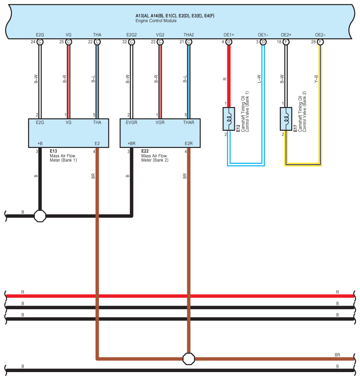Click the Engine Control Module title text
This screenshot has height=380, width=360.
point(156,21)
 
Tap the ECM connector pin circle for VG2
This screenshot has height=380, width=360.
point(160,42)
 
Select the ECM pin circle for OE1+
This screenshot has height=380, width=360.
point(229,42)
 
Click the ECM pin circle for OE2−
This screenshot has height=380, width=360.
point(320,42)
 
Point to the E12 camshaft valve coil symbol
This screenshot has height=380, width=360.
point(229,119)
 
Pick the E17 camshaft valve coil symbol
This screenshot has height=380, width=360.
point(286,119)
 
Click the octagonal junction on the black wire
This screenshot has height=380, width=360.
point(40,216)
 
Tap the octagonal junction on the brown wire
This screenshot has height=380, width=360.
point(189,359)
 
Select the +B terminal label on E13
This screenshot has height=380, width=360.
point(40,144)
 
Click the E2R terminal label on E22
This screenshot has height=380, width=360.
point(189,144)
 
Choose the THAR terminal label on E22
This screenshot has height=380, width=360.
point(189,122)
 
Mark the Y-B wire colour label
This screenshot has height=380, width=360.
point(316,79)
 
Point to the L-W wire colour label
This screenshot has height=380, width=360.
point(259,79)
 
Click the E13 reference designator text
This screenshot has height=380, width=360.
point(53,151)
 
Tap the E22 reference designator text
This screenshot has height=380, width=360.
point(145,151)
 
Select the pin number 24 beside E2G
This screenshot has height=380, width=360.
point(33,42)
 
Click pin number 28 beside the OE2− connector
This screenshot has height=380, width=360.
point(313,42)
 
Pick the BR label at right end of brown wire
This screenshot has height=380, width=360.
point(338,355)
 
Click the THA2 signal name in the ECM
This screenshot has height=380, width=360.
point(189,35)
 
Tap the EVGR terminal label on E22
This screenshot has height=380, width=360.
point(131,122)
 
